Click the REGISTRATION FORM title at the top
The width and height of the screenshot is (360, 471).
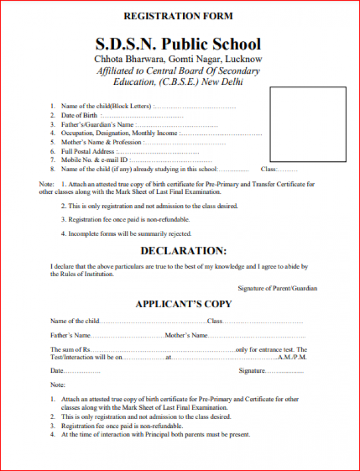[178, 16]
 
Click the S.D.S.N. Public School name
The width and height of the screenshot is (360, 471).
[178, 44]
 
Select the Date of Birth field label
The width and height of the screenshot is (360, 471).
[79, 115]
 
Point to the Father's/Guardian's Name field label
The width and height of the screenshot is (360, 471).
[97, 125]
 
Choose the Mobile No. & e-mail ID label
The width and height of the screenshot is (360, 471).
[94, 160]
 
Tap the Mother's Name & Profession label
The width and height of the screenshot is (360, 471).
[101, 142]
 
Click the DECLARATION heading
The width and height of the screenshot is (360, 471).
[183, 251]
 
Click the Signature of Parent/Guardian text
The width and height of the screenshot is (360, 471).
[277, 288]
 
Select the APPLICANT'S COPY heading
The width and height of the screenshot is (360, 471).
[183, 304]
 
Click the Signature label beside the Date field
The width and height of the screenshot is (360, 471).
[252, 371]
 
